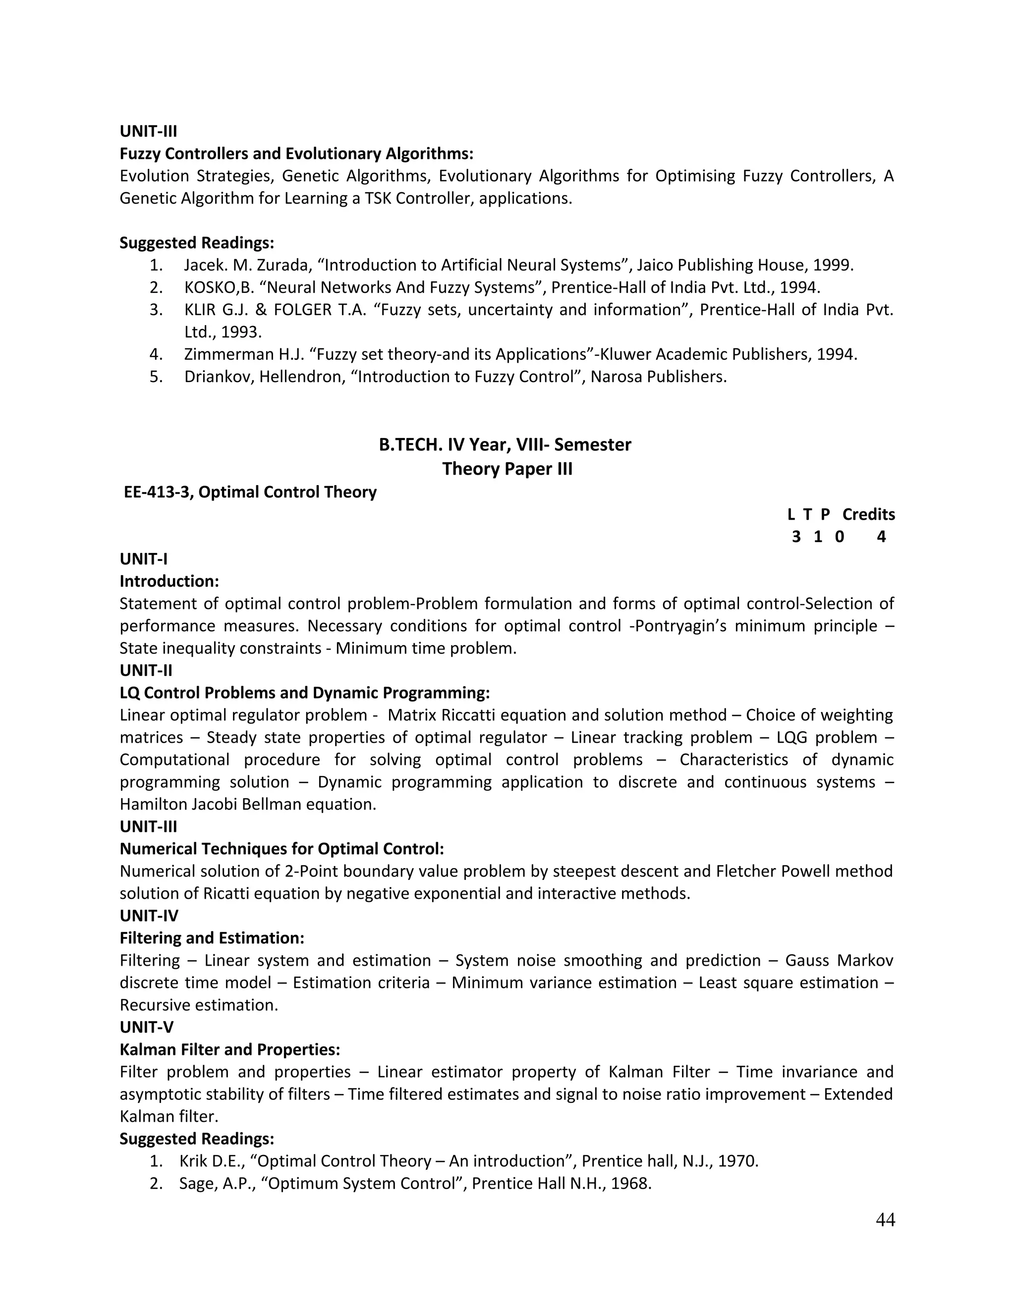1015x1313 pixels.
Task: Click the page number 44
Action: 885,1219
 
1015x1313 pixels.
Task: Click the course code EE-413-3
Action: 158,492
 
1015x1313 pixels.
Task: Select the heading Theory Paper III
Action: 507,468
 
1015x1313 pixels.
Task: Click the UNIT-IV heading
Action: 149,916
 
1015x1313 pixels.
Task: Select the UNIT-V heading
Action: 146,1027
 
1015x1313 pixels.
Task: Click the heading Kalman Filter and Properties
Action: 229,1049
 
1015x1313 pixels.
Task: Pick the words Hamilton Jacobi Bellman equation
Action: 248,804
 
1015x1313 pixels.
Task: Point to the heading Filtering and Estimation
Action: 212,938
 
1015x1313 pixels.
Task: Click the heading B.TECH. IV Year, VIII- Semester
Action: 505,444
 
